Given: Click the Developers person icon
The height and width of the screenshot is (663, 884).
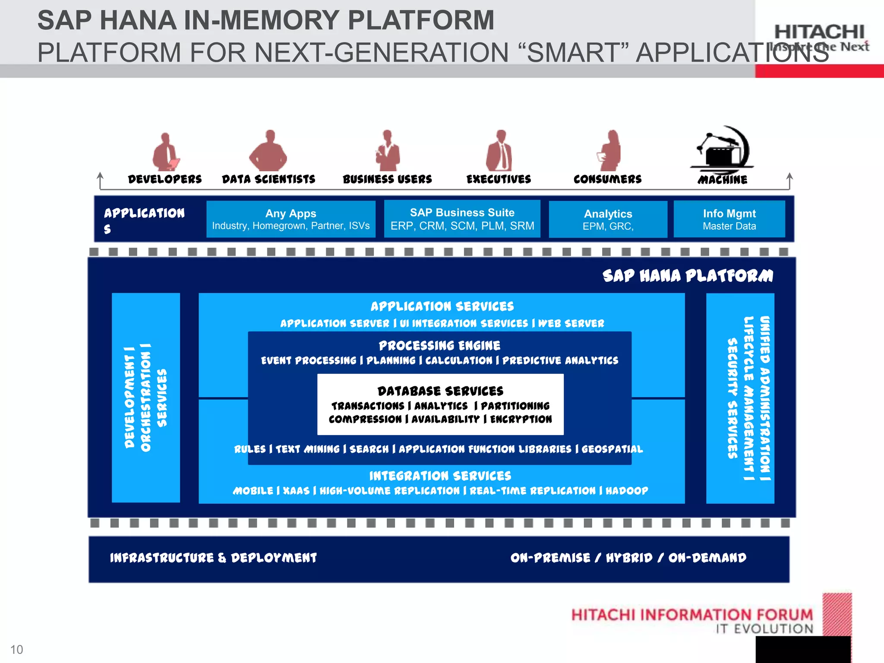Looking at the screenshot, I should (166, 152).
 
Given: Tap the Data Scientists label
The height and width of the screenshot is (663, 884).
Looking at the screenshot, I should (268, 179).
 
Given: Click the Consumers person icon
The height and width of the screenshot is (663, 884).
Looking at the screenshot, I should (609, 151).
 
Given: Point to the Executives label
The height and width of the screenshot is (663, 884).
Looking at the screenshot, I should (499, 179).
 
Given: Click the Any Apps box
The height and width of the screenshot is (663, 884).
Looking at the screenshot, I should (290, 219).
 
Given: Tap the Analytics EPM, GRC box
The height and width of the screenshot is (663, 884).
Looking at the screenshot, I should (608, 219).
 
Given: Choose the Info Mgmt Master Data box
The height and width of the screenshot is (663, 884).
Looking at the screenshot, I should (729, 219).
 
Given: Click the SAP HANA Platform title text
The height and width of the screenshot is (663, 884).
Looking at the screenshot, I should (688, 275).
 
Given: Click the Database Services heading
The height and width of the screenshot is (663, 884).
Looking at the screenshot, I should (440, 391).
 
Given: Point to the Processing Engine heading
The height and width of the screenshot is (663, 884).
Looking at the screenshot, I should (439, 345).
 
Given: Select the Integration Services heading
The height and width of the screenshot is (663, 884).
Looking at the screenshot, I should (440, 476).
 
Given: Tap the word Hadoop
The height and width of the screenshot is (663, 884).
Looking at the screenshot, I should (627, 491).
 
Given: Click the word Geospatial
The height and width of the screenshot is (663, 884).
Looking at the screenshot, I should (612, 449).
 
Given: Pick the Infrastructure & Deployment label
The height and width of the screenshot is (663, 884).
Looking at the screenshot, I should (213, 558).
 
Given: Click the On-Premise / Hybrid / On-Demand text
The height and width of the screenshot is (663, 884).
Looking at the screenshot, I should (628, 558).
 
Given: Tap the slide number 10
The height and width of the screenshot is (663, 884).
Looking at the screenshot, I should (16, 650).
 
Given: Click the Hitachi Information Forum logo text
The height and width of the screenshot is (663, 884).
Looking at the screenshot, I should (692, 615).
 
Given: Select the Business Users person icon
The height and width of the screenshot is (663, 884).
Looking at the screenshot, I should (387, 151).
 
